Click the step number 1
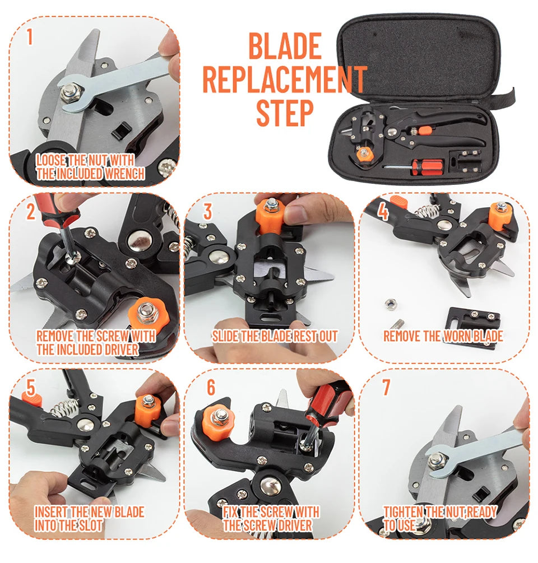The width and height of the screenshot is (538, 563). pos(30,38)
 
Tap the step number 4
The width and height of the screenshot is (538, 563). pos(383,212)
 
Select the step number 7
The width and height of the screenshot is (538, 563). pos(386,387)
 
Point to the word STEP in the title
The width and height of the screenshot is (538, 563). pos(284,112)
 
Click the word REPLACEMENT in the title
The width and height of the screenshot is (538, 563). pos(284,79)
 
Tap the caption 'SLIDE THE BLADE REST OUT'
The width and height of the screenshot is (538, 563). pos(275,336)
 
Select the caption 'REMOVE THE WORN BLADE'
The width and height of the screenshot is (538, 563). pos(443,336)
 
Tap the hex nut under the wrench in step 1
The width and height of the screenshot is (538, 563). pos(71,94)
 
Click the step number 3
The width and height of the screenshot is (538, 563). pos(207,212)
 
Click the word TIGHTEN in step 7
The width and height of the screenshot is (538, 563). pos(403,511)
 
